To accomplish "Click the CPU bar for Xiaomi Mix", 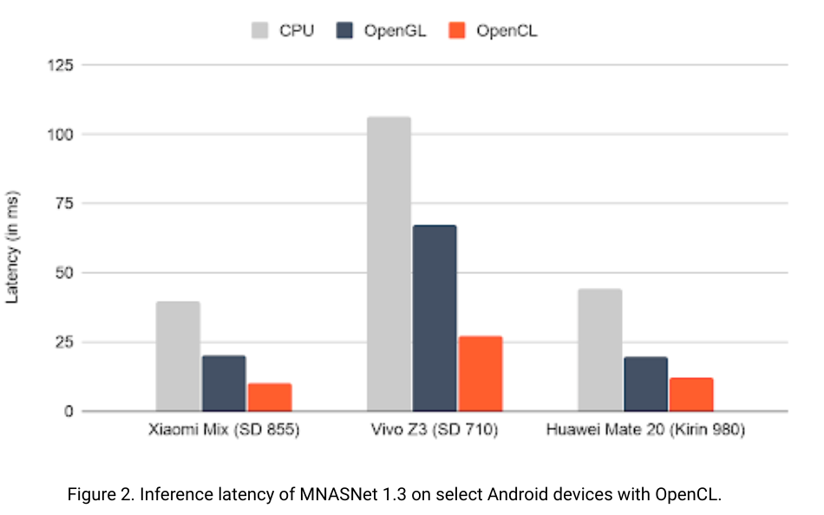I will point(178,356).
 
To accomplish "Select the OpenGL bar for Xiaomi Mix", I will point(224,383).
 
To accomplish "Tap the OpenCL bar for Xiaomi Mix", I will point(270,397).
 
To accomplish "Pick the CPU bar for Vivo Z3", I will point(389,264).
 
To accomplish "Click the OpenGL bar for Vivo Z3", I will point(435,318).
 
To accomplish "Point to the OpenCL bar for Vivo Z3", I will point(481,374).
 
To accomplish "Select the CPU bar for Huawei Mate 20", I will point(599,350).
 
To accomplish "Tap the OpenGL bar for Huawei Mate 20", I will point(645,384).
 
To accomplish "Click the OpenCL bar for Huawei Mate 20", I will point(691,394).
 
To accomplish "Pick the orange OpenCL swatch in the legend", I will point(458,30).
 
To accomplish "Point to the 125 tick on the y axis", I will point(65,65).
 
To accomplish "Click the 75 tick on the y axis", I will point(69,204).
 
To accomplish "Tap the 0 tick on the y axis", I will point(73,411).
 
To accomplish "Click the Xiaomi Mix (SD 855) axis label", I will point(224,431).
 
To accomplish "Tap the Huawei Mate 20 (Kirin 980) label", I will point(645,431).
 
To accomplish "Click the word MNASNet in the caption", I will point(341,495).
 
